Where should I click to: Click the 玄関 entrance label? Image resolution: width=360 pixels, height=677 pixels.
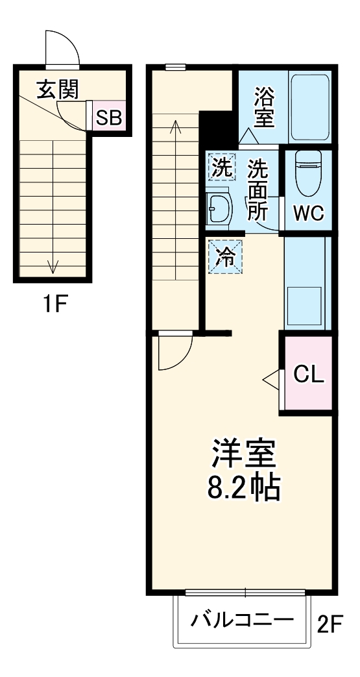click(x=57, y=90)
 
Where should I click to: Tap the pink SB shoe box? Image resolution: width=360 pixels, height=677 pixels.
click(x=109, y=117)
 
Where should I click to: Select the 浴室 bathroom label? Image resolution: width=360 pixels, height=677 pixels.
click(x=263, y=108)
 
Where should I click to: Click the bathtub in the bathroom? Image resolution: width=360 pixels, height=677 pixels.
click(x=311, y=108)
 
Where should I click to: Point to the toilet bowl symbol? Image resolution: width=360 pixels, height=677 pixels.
click(x=307, y=174)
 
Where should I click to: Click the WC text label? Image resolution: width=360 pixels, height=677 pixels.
click(x=307, y=214)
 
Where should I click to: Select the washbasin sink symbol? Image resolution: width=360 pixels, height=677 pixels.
click(x=219, y=208)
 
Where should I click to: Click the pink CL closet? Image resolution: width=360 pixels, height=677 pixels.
click(x=307, y=374)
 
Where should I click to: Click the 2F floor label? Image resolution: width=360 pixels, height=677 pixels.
click(x=329, y=624)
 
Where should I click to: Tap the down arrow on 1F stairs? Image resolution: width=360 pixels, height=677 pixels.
click(x=53, y=265)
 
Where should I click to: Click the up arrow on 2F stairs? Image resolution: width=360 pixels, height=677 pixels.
click(x=176, y=127)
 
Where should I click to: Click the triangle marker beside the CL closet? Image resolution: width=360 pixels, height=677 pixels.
click(x=270, y=378)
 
